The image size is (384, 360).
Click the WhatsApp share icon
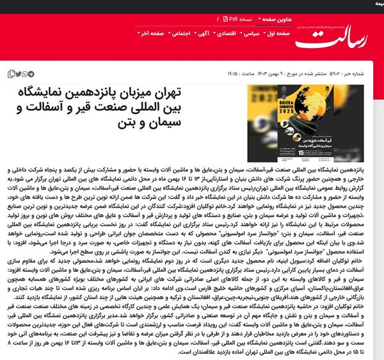26,74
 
